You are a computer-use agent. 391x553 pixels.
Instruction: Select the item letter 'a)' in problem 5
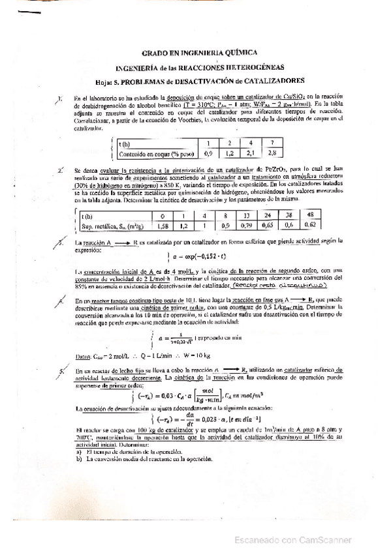79,451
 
